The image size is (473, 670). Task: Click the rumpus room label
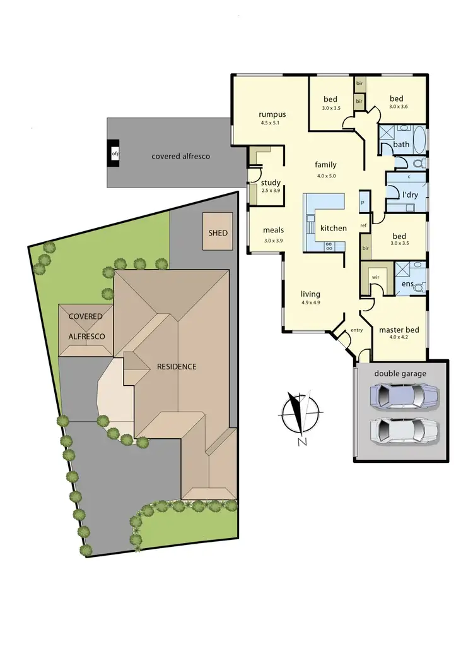tap(272, 114)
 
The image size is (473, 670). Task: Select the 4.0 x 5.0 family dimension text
tap(325, 176)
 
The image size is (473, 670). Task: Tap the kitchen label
tap(333, 228)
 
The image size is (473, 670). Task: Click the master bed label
tap(400, 329)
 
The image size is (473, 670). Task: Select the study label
tap(271, 183)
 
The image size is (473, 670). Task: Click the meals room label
tap(273, 230)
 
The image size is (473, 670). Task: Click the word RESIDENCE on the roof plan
tap(172, 366)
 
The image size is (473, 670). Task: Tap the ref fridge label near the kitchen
tap(363, 225)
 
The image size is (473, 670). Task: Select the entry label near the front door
tap(357, 330)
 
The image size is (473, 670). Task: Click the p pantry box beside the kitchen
tap(363, 202)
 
